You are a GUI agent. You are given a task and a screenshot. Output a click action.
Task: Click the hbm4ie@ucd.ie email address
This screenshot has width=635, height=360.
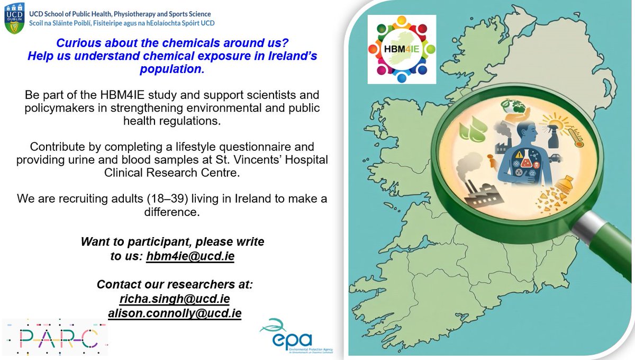[x=190, y=256]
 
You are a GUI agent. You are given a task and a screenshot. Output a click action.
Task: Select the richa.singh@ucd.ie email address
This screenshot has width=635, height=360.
[x=175, y=299]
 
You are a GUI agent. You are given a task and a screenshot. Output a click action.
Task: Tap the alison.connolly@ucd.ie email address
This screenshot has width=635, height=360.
[x=175, y=313]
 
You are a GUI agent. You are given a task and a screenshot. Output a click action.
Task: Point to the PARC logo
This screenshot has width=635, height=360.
[x=55, y=337]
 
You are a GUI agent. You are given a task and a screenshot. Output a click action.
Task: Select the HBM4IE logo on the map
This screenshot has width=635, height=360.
[x=402, y=49]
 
